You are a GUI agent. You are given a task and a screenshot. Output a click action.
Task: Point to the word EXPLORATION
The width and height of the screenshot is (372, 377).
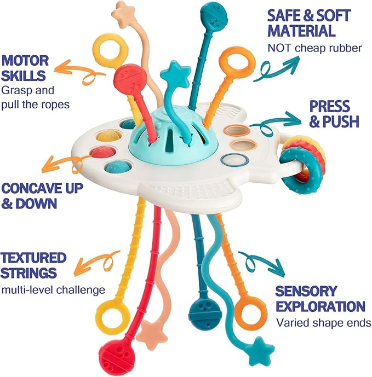tap(319, 306)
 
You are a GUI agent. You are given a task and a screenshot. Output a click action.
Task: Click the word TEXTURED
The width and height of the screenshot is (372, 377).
tap(33, 257)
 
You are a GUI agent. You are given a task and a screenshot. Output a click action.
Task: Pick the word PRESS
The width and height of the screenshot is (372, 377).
tap(328, 106)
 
